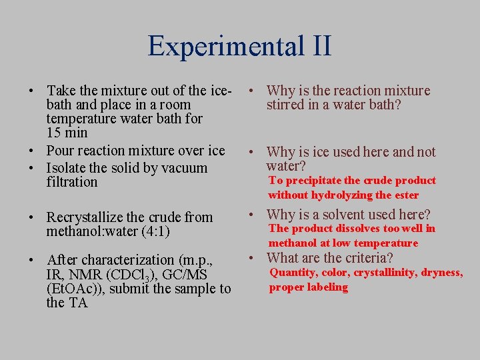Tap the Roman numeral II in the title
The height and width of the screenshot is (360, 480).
point(318,46)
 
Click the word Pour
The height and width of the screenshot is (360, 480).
point(61,151)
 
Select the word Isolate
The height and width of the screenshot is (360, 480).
point(71,168)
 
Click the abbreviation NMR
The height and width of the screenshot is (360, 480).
point(86,274)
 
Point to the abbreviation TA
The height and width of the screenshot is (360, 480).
point(77,303)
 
